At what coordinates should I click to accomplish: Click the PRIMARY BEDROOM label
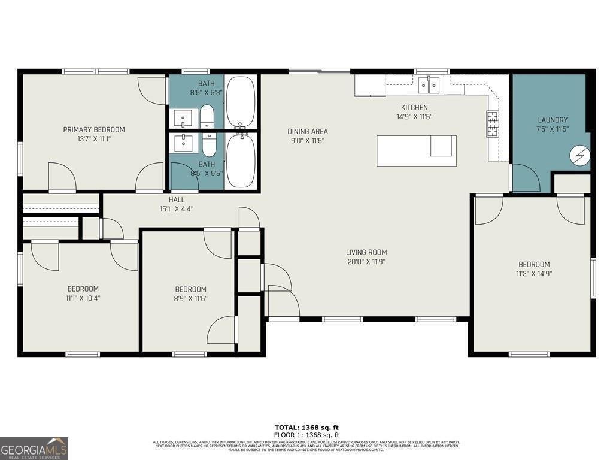click(x=94, y=129)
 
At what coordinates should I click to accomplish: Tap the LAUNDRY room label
click(x=552, y=120)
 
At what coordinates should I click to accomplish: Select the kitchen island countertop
click(x=416, y=150)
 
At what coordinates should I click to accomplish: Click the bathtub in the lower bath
click(x=241, y=161)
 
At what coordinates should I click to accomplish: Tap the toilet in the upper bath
click(x=207, y=116)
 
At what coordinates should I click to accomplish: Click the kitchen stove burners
click(x=493, y=124)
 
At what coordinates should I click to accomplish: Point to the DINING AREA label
click(x=308, y=131)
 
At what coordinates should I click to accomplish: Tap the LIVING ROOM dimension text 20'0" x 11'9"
click(x=366, y=262)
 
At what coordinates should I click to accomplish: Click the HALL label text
click(x=177, y=199)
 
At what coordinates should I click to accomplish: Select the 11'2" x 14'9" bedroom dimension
click(x=534, y=274)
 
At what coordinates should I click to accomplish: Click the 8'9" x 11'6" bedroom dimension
click(x=190, y=298)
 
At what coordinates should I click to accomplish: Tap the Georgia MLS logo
click(x=34, y=448)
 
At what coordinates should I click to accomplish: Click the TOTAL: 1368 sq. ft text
click(x=306, y=427)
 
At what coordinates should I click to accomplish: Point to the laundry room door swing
click(x=526, y=178)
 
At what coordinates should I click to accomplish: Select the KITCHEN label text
click(x=414, y=108)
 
